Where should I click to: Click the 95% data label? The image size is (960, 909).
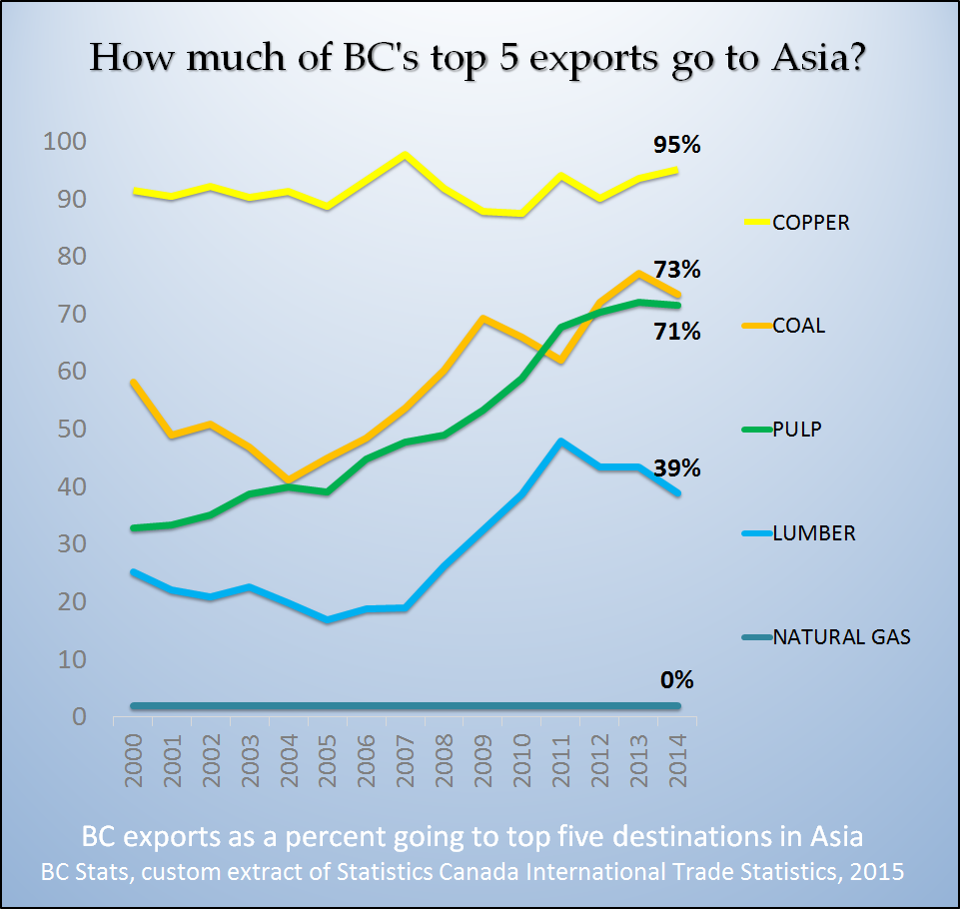(677, 146)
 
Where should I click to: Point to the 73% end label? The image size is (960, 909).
(677, 270)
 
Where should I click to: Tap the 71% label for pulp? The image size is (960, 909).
(677, 332)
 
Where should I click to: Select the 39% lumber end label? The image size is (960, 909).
(677, 468)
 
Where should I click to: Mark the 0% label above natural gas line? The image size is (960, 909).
(676, 681)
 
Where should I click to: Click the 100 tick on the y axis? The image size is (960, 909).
(63, 142)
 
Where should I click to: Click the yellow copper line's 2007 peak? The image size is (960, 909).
(405, 155)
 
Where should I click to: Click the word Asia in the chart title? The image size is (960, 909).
(808, 57)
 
